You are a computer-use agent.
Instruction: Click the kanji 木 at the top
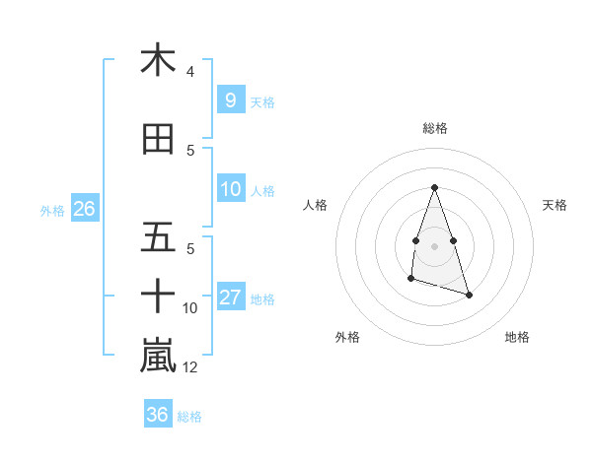click(x=158, y=60)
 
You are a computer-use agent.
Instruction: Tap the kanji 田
click(x=158, y=139)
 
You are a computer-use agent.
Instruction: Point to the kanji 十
click(x=158, y=296)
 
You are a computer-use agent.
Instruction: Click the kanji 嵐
click(x=158, y=356)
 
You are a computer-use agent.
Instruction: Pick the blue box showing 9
click(x=230, y=99)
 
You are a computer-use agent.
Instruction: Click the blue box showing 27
click(x=230, y=298)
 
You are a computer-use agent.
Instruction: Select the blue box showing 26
click(x=84, y=209)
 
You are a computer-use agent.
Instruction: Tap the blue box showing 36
click(x=157, y=415)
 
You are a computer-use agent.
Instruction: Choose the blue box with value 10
click(x=230, y=189)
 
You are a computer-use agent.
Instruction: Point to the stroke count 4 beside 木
click(x=190, y=72)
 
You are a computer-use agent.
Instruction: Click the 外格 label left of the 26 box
click(x=52, y=210)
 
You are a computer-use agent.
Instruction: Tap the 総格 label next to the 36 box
click(x=189, y=417)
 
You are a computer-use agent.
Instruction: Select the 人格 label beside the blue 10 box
click(x=262, y=190)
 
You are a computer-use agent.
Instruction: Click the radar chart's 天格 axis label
click(x=555, y=205)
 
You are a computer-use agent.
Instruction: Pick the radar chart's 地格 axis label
click(x=517, y=337)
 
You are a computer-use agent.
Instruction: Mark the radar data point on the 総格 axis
click(x=434, y=187)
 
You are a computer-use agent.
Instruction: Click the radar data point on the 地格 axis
click(x=469, y=295)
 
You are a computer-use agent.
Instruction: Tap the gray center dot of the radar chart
click(x=434, y=244)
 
